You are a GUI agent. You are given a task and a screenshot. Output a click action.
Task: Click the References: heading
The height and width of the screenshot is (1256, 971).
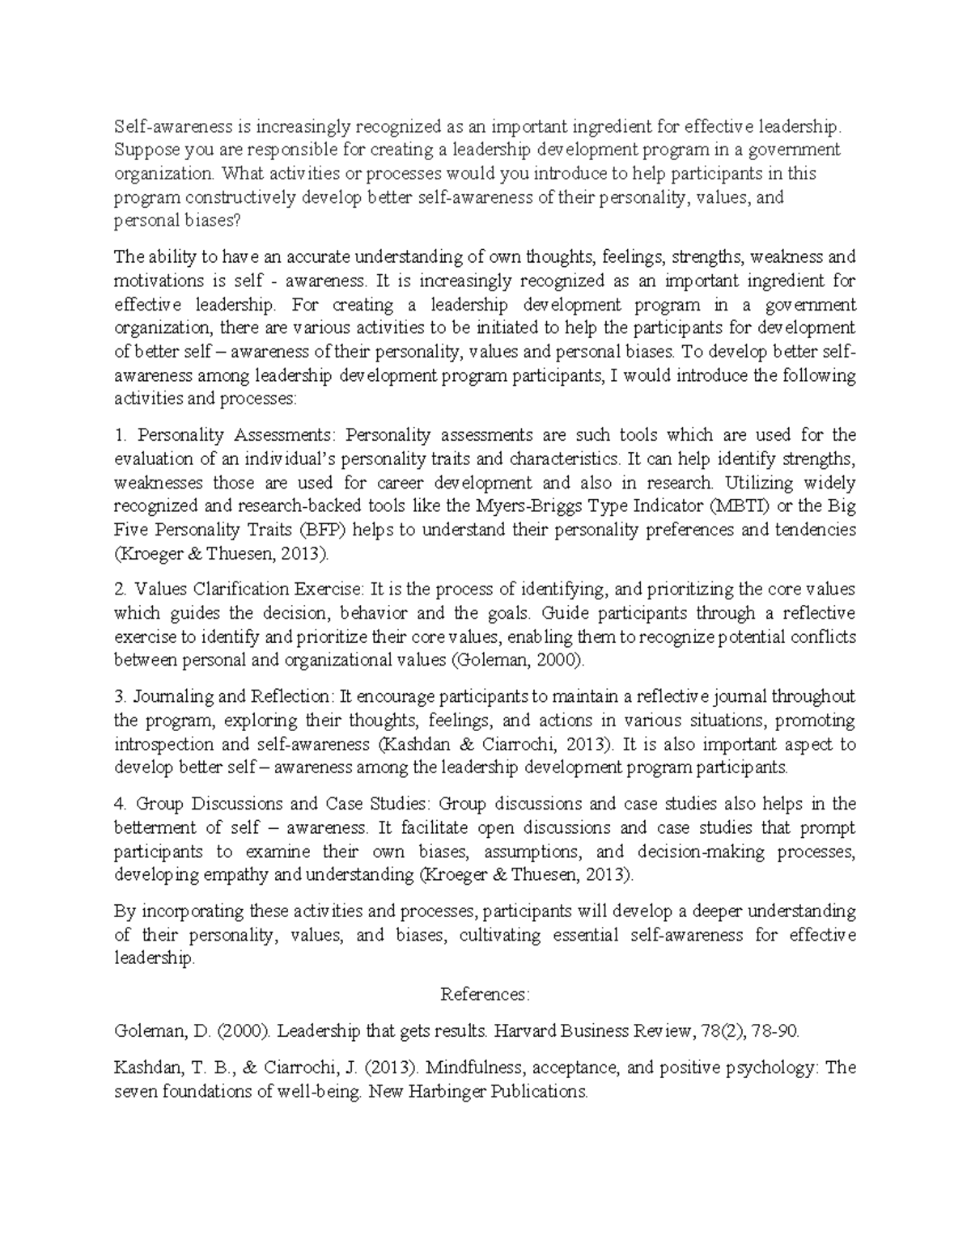pos(485,994)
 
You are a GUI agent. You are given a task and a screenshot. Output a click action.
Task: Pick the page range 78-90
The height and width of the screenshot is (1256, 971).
pos(775,1031)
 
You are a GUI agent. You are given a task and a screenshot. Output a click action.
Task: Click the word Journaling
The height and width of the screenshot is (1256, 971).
pos(167,696)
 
